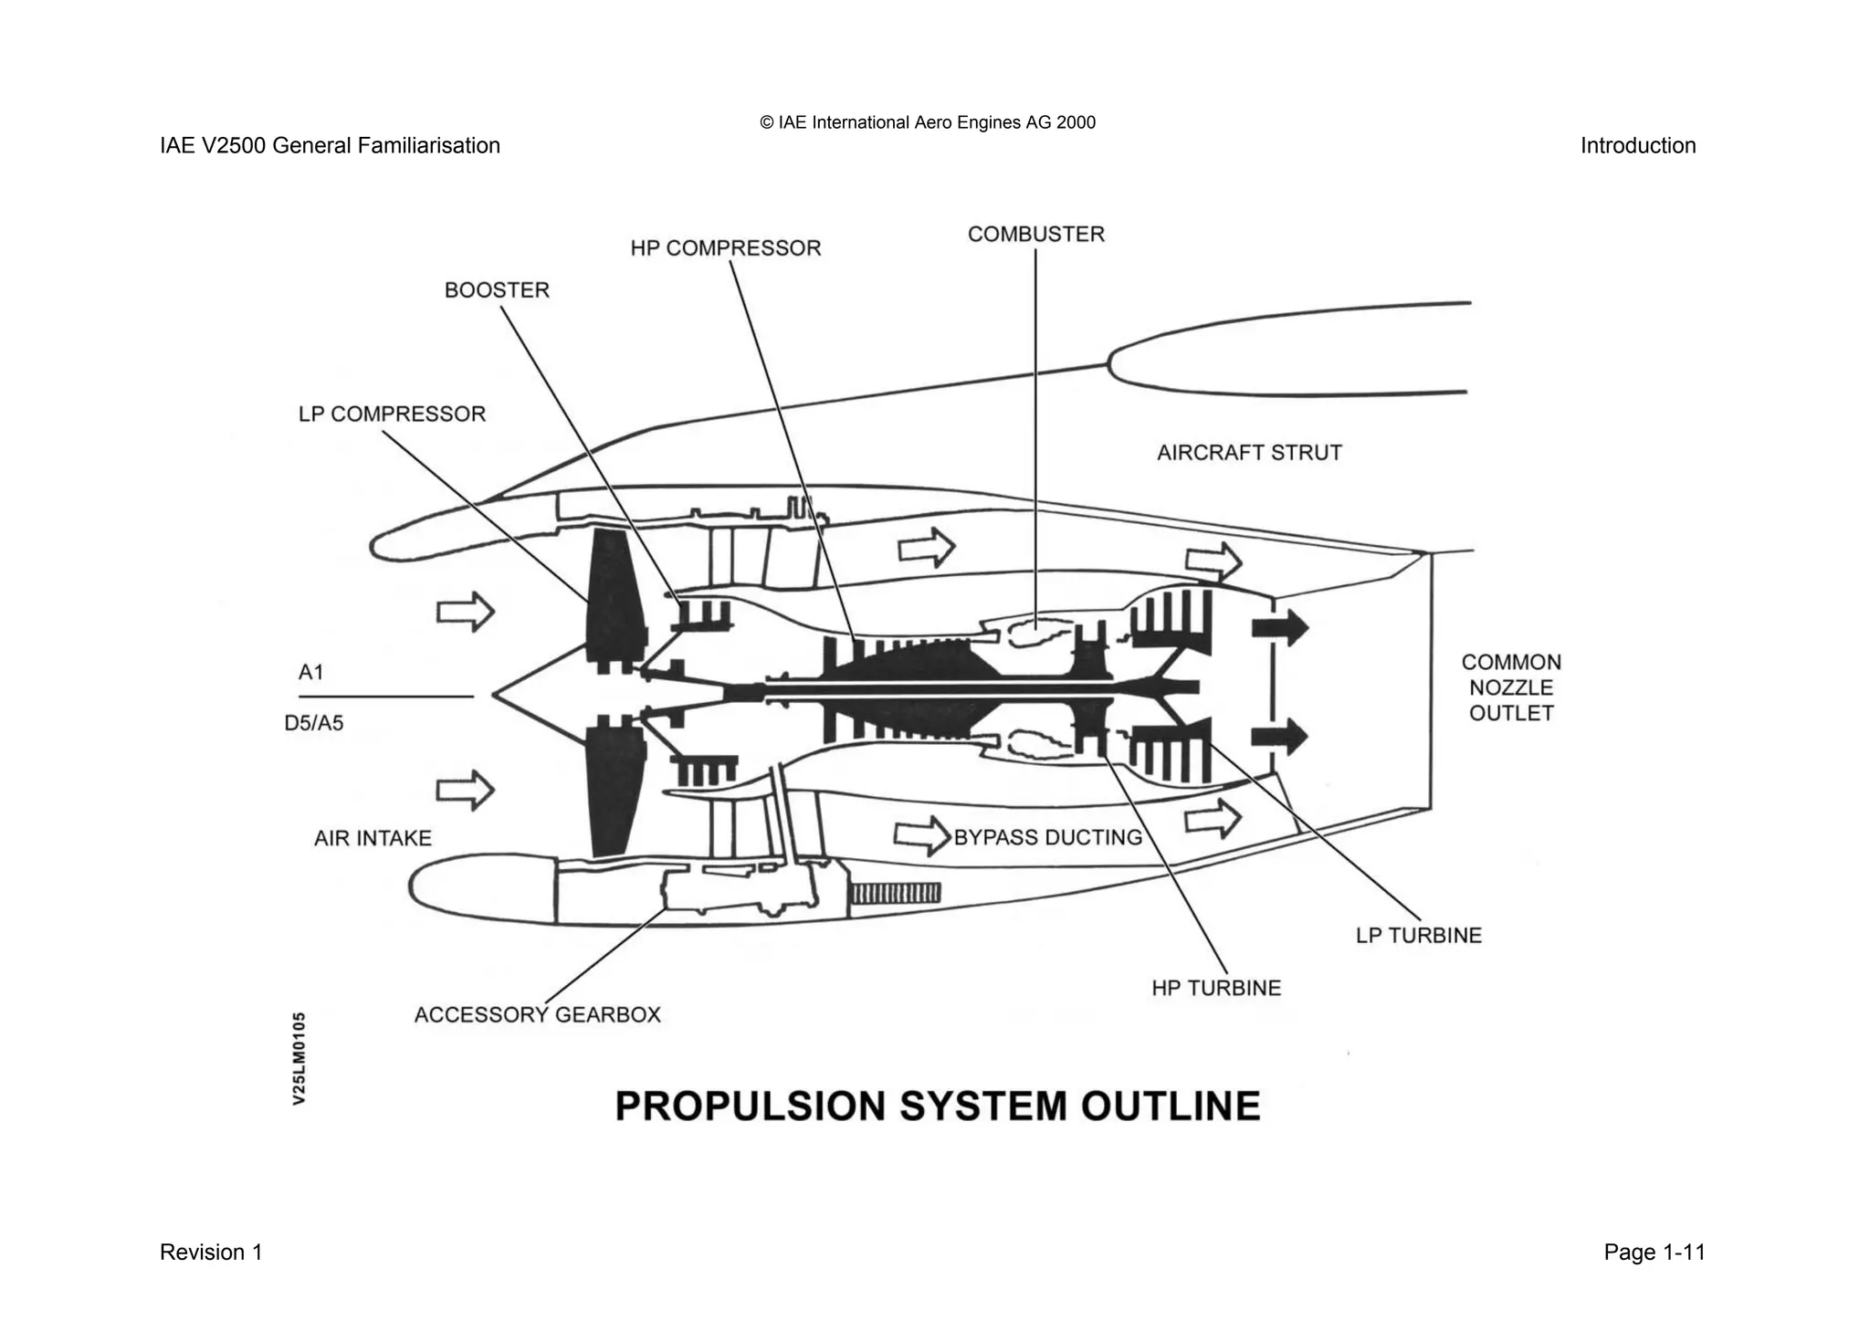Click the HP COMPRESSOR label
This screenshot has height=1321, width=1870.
[725, 248]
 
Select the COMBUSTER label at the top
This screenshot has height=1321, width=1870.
[1035, 235]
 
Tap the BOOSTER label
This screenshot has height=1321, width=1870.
[497, 290]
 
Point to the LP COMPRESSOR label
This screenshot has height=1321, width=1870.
[392, 414]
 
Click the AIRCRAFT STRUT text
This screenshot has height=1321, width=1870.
[1249, 453]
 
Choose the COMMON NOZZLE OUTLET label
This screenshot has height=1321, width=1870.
[1511, 687]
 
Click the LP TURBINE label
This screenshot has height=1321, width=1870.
[1418, 936]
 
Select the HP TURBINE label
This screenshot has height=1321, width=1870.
[1216, 988]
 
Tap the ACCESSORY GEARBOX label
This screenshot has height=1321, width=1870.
[537, 1015]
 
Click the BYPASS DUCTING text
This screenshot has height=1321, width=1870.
[1047, 837]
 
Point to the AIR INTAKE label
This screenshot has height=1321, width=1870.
[373, 838]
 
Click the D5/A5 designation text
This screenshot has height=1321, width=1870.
[314, 724]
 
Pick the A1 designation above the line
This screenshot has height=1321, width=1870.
[311, 673]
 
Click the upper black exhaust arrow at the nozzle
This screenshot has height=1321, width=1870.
[1279, 627]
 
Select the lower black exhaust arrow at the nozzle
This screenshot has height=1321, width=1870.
[1279, 737]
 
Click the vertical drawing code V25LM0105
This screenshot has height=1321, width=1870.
[299, 1058]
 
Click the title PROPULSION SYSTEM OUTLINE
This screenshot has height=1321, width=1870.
[938, 1106]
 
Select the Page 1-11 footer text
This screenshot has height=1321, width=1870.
[1654, 1253]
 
